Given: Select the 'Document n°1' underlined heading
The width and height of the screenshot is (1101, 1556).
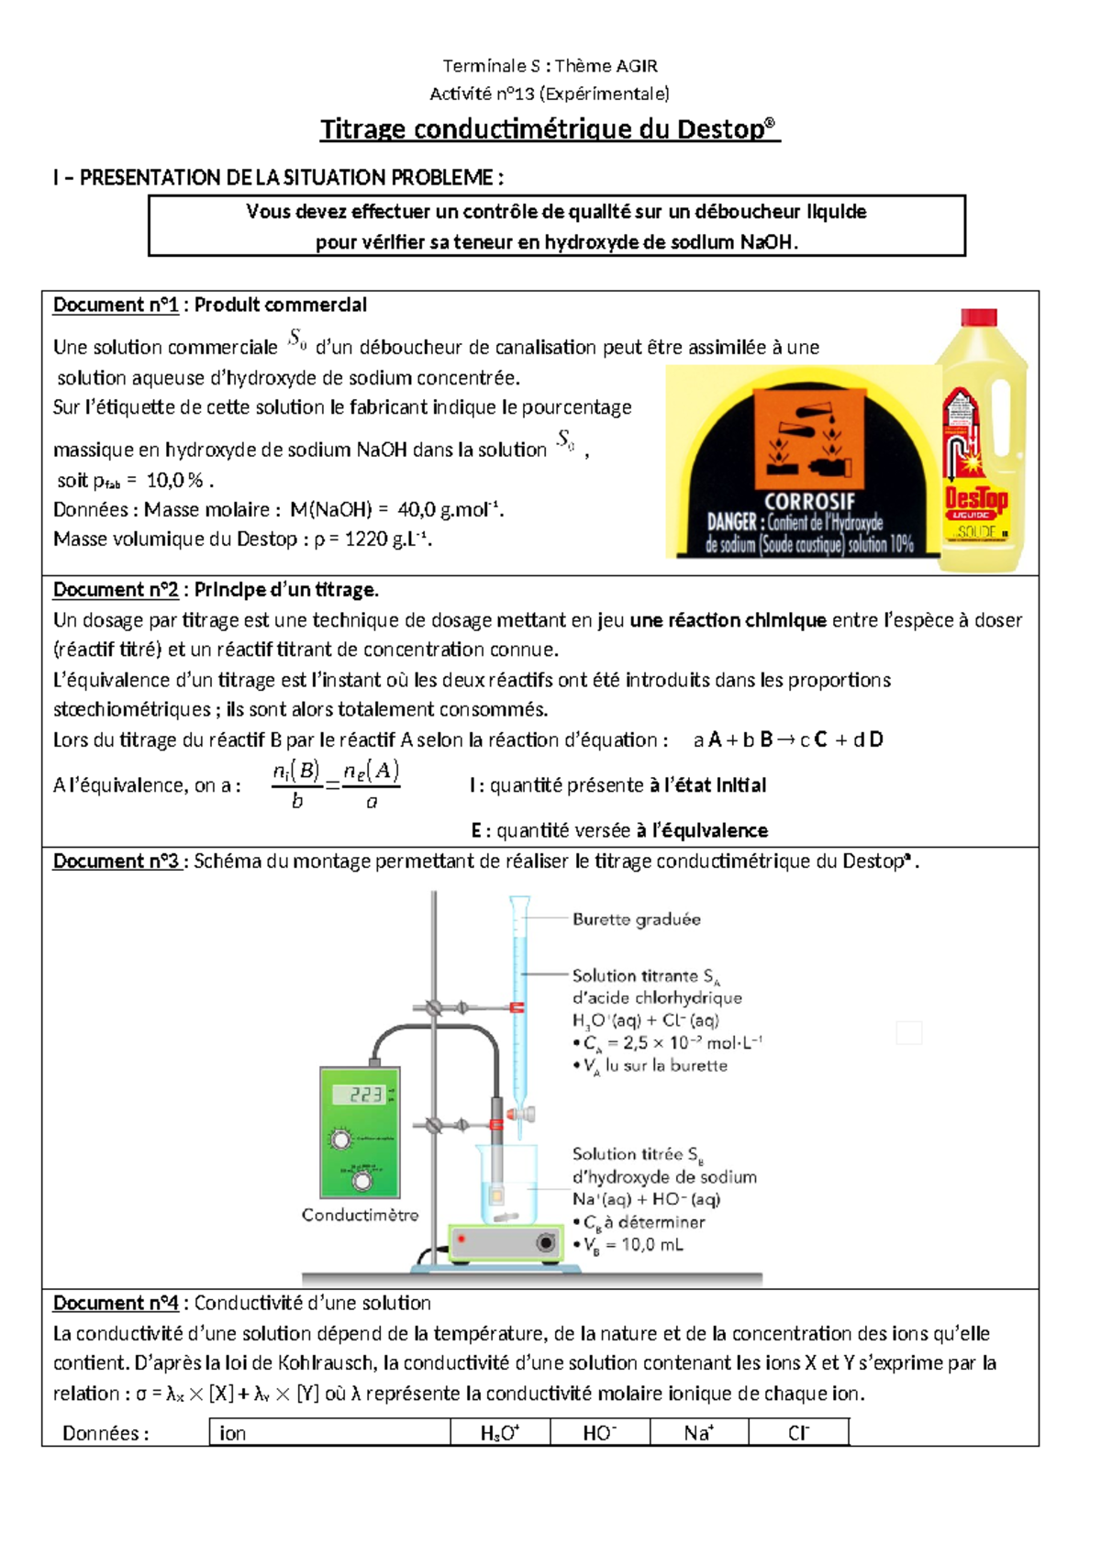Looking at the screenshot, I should coord(116,306).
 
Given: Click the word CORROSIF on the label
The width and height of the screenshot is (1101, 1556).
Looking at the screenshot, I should coord(809,502).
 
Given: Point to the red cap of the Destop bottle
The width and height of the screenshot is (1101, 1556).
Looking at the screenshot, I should coord(978,318).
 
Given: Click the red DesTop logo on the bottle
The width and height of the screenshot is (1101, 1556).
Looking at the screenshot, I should coord(976,500).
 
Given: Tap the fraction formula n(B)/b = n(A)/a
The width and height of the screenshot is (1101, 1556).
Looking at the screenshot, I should coord(335,785).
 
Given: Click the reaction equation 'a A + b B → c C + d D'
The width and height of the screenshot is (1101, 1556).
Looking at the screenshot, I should coord(788,740).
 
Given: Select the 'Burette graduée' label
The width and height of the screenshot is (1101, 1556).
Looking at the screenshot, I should coord(636,919).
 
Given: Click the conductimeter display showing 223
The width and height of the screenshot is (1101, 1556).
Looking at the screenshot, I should coord(364,1095).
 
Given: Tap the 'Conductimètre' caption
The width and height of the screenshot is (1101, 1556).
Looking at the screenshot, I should coord(360,1215).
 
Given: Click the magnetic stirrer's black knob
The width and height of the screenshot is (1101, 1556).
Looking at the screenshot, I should coord(546,1243).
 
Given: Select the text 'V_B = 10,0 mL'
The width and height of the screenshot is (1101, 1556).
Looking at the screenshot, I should coord(634,1245).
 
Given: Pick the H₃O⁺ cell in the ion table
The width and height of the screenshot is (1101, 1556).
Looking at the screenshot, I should coord(500,1433).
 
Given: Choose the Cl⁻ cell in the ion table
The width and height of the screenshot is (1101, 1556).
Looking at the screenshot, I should coord(798,1433).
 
